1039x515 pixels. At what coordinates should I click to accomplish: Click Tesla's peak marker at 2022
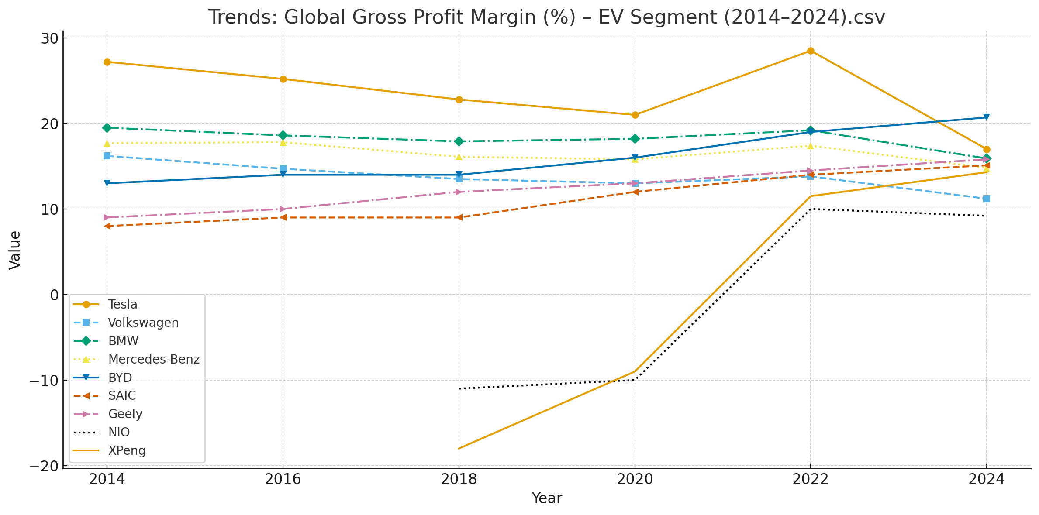pos(811,51)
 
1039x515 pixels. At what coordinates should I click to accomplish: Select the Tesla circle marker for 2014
pos(107,62)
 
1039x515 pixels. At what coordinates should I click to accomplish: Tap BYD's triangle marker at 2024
pos(986,117)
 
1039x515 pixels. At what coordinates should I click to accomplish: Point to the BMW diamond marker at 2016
pos(283,135)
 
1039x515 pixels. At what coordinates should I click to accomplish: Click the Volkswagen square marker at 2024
pos(986,199)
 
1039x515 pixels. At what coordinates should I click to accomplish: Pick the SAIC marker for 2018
pos(459,217)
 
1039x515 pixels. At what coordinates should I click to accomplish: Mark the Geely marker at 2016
pos(283,209)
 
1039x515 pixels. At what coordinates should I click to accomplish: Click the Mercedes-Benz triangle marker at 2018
pos(459,157)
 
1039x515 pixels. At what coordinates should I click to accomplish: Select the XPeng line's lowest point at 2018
pos(459,448)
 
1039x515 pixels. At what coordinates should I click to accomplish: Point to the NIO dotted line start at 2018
pos(459,388)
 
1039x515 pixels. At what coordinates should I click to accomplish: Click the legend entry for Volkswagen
pos(143,323)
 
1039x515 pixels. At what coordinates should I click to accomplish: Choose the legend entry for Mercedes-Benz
pos(154,360)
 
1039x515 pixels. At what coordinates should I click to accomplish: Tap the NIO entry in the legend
pos(119,433)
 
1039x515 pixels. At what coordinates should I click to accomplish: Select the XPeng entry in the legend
pos(127,451)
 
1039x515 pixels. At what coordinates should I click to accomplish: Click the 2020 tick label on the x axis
pos(635,480)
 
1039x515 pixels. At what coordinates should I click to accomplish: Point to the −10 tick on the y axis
pos(44,381)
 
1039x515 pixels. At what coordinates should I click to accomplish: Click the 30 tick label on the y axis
pos(49,38)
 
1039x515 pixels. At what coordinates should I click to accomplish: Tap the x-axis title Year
pos(546,498)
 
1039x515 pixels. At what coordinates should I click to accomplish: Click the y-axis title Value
pos(15,250)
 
